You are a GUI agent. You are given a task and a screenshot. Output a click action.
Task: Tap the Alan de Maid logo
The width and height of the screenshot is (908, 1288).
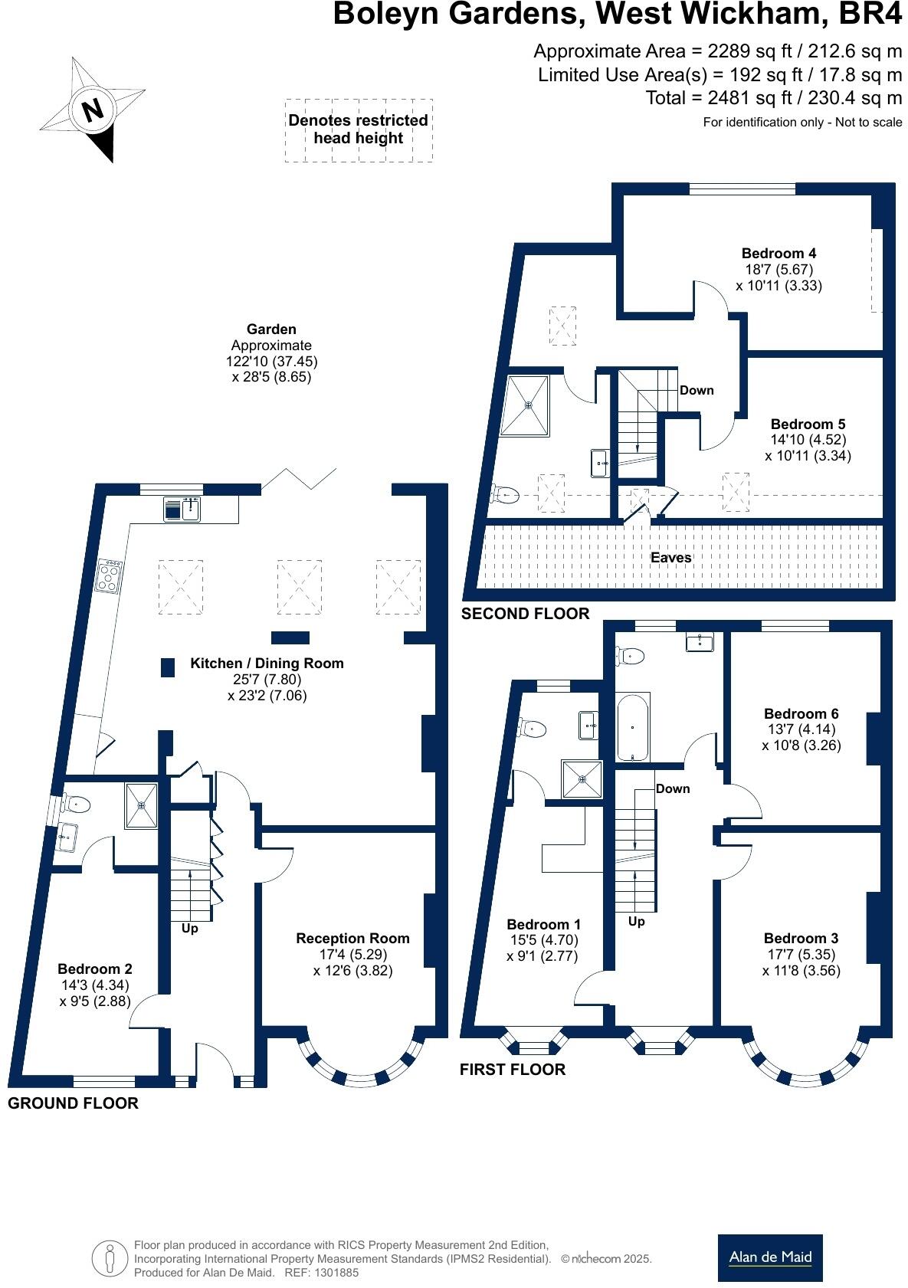click(769, 1257)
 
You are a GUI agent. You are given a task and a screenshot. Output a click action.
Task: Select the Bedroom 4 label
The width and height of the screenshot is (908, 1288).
click(779, 254)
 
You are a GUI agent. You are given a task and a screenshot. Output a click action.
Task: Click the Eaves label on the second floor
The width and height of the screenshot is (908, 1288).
click(670, 558)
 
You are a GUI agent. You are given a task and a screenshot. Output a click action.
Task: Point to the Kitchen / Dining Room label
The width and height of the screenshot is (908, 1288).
click(267, 664)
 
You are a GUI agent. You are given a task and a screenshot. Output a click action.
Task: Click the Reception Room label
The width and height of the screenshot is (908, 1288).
click(352, 939)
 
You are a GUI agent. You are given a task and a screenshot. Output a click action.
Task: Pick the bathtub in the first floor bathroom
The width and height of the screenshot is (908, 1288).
click(634, 726)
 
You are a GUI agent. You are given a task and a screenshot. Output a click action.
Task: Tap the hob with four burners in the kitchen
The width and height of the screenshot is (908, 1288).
click(109, 576)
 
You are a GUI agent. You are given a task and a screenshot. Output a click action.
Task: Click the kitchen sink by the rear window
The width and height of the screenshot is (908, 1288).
click(183, 509)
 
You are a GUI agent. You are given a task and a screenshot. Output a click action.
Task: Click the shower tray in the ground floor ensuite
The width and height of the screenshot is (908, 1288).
click(141, 805)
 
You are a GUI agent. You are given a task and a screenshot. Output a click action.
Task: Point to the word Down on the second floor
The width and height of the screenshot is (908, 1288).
click(697, 391)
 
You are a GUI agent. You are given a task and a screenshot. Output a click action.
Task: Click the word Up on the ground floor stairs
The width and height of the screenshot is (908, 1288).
click(189, 929)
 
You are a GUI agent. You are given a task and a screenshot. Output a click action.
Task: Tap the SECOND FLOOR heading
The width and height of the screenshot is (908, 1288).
click(525, 614)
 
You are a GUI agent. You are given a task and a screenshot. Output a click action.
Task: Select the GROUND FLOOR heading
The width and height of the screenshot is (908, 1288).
click(73, 1103)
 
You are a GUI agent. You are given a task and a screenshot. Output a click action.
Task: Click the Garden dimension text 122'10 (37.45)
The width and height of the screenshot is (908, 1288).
click(271, 362)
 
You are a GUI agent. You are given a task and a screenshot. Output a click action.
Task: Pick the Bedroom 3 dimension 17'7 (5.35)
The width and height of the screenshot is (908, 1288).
click(801, 955)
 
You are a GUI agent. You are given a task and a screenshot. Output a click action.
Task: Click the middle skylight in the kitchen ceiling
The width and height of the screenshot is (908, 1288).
click(299, 587)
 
